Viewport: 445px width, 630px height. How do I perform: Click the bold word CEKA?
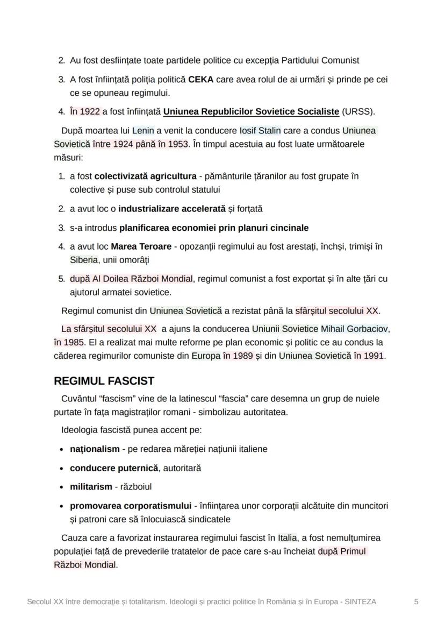click(x=200, y=80)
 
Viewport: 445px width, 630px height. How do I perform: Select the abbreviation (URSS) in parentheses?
click(x=358, y=112)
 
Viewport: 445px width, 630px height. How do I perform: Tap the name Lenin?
click(x=143, y=130)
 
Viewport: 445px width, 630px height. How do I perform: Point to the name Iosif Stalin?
click(x=260, y=130)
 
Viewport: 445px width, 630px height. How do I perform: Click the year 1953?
click(x=178, y=144)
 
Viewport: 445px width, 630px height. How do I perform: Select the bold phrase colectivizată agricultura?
click(x=145, y=176)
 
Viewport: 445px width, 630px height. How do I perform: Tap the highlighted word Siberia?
click(x=84, y=260)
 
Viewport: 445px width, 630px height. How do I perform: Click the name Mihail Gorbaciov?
click(x=355, y=328)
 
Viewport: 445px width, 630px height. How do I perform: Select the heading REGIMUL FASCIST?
click(x=104, y=381)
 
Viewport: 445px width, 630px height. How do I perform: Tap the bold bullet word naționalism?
click(x=95, y=449)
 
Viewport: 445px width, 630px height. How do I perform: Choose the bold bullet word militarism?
click(x=91, y=486)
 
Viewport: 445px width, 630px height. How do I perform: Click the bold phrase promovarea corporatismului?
click(x=131, y=506)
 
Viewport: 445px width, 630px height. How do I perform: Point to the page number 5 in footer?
click(x=416, y=601)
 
